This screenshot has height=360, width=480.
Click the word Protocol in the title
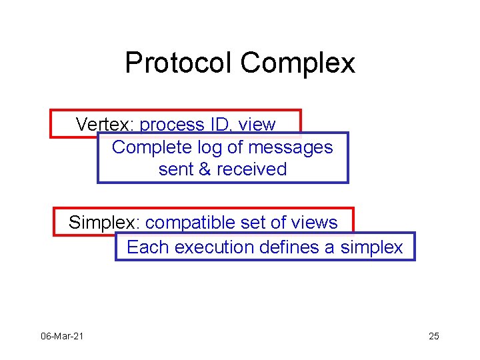pyautogui.click(x=178, y=63)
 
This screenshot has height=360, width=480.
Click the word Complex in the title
pyautogui.click(x=297, y=64)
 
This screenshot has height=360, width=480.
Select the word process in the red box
pyautogui.click(x=172, y=125)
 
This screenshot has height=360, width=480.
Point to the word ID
pyautogui.click(x=220, y=124)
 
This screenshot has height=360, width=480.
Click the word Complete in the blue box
pyautogui.click(x=152, y=148)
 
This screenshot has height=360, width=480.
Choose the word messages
pyautogui.click(x=291, y=148)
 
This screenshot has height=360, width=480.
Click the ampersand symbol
pyautogui.click(x=205, y=169)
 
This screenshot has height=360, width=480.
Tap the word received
pyautogui.click(x=252, y=169)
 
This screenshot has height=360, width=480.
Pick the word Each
pyautogui.click(x=147, y=247)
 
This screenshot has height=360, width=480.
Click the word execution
pyautogui.click(x=214, y=247)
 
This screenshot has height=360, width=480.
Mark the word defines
pyautogui.click(x=289, y=247)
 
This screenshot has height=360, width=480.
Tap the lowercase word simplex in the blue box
pyautogui.click(x=371, y=248)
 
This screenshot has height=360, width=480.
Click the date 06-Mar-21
pyautogui.click(x=62, y=336)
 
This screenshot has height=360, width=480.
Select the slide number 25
pyautogui.click(x=434, y=336)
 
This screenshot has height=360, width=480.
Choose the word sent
pyautogui.click(x=176, y=169)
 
